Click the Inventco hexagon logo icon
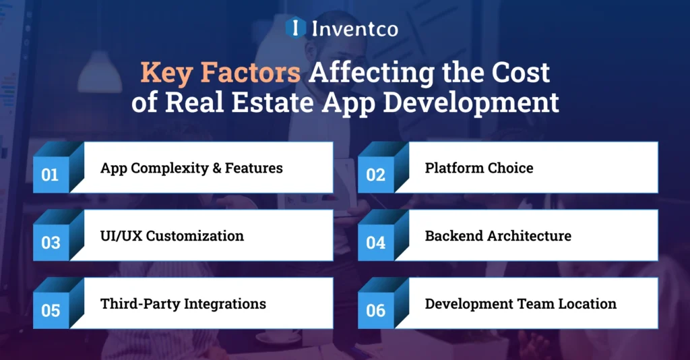(295, 28)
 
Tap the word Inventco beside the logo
(354, 28)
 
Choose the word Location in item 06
(586, 303)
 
